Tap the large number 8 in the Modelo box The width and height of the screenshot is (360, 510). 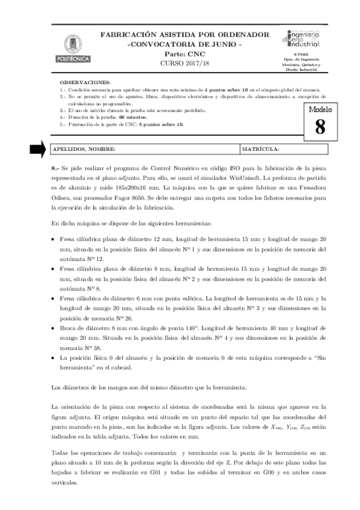point(319,126)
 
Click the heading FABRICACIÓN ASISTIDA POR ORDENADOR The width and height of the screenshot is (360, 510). point(185,36)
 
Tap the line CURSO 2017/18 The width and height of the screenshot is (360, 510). point(185,63)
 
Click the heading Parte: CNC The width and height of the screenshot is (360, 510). point(185,54)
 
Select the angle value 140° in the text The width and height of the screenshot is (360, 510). point(189,329)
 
